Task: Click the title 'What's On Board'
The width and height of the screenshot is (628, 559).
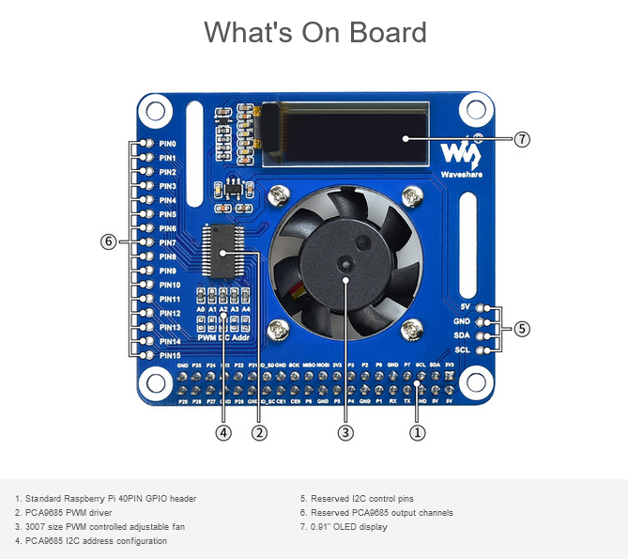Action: coord(314,32)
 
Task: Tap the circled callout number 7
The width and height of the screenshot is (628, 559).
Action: coord(523,139)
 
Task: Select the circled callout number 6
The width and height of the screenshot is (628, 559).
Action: coord(108,241)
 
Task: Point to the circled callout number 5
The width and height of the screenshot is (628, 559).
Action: coord(522,329)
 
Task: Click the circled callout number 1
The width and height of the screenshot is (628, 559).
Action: coord(419,432)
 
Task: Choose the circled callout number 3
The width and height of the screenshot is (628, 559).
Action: coord(345,432)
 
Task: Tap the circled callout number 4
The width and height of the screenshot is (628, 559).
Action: coord(222,432)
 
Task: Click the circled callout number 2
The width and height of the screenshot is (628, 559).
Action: coord(259,432)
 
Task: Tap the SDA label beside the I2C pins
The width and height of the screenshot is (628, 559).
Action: coord(461,335)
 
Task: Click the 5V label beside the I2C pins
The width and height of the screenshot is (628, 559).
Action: coord(465,307)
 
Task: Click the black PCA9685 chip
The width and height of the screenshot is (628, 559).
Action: coord(223,252)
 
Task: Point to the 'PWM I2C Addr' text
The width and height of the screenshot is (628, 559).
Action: coord(222,335)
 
